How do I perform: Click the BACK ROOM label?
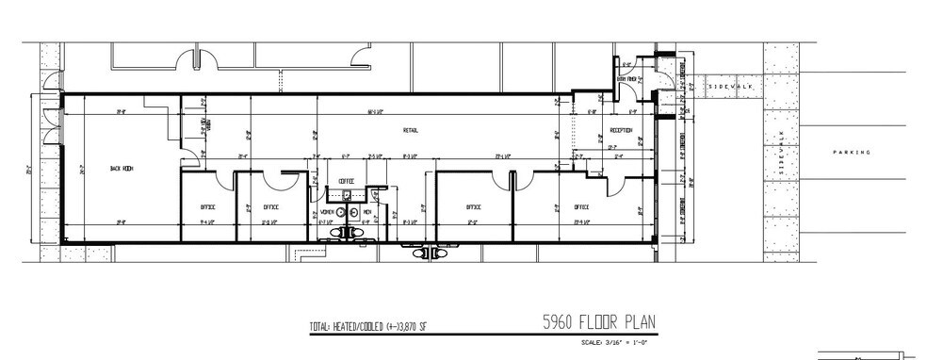coord(122,169)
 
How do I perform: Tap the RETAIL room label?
coord(411,130)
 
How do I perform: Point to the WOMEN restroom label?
coord(327,212)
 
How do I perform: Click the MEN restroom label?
coord(368,212)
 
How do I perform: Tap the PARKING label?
coord(852,152)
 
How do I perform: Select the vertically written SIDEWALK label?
coord(779,155)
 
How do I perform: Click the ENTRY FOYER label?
coord(628,80)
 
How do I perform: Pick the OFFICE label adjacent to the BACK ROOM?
coord(207,206)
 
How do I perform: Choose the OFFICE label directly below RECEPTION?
coord(580,206)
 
